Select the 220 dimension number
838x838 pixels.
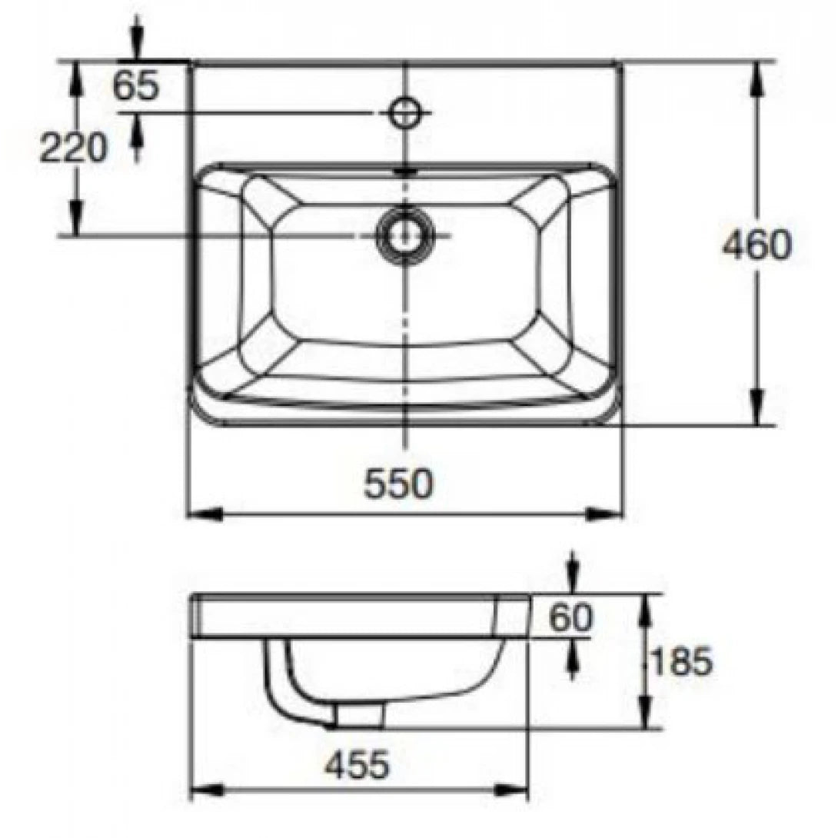coord(74,148)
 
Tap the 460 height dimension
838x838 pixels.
coord(757,245)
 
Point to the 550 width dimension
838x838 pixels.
coord(399,484)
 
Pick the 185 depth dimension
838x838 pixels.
coord(680,661)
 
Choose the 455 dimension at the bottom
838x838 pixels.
coord(356,765)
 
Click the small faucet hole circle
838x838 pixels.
coord(404,112)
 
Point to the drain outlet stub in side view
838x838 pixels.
coord(359,716)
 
